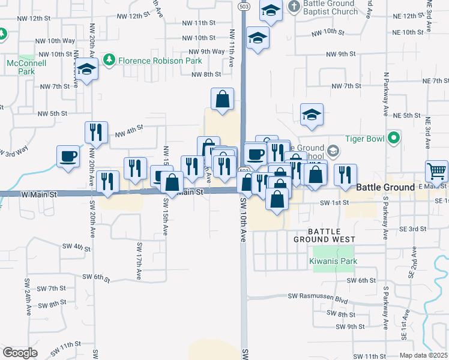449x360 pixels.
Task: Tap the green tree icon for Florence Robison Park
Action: tap(109, 59)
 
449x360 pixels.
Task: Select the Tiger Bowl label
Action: tap(364, 139)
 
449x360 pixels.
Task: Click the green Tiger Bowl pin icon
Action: tap(394, 139)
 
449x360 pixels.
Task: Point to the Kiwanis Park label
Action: tap(333, 261)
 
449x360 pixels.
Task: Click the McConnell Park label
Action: tap(20, 67)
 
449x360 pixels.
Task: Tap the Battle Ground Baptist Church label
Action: tap(331, 7)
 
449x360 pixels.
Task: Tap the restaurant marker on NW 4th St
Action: tap(97, 132)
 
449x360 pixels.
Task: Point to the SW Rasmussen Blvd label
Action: tap(318, 296)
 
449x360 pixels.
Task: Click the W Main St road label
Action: tap(39, 194)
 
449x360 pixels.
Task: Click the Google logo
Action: tap(20, 353)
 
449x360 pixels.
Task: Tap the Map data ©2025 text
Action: tap(423, 355)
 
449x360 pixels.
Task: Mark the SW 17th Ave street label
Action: tap(139, 260)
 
